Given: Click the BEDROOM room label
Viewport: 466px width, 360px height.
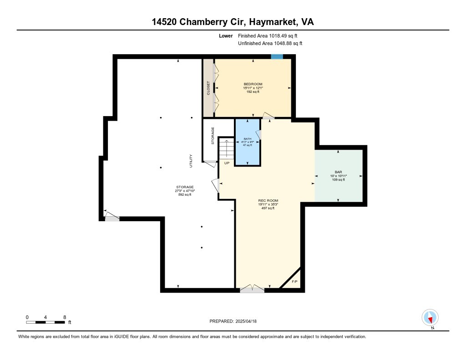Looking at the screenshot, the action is click(x=253, y=84).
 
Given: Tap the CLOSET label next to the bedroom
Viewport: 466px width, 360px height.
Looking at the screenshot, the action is click(x=208, y=88).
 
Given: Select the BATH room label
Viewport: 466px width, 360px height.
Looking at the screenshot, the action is click(x=248, y=139).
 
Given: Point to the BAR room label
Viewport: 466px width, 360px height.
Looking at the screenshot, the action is click(x=338, y=172).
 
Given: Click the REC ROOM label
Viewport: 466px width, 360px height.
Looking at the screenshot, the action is click(x=268, y=201).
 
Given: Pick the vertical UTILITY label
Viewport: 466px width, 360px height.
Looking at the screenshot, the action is click(x=191, y=161).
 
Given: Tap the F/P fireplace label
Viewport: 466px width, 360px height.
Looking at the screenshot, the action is click(x=294, y=282).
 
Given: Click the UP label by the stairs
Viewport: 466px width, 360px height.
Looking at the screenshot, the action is click(x=227, y=163).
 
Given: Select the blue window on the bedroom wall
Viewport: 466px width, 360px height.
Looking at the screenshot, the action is click(x=277, y=56).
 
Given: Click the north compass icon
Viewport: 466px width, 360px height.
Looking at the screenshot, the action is click(x=430, y=318).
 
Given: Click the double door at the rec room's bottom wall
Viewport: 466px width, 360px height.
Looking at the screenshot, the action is click(x=252, y=289).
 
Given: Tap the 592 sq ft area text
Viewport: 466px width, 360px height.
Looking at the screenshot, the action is click(x=185, y=195).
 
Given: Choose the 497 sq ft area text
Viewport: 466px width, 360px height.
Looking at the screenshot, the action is click(x=268, y=208).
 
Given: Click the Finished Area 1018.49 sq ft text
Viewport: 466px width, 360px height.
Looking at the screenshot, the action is click(x=268, y=35).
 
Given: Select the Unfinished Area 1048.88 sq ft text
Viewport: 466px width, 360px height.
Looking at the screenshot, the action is click(x=270, y=43).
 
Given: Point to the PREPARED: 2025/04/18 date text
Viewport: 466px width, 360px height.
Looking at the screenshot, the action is click(x=233, y=321).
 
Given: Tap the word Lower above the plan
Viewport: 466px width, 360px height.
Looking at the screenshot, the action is click(x=226, y=35).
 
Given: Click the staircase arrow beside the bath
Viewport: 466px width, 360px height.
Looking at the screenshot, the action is click(x=227, y=148).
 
